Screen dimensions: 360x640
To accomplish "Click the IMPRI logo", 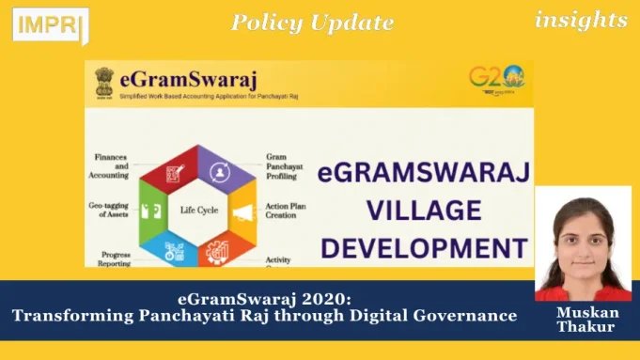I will tap(50, 24).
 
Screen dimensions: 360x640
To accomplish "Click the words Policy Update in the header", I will tap(312, 22).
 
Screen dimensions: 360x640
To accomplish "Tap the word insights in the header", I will tap(581, 19).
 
